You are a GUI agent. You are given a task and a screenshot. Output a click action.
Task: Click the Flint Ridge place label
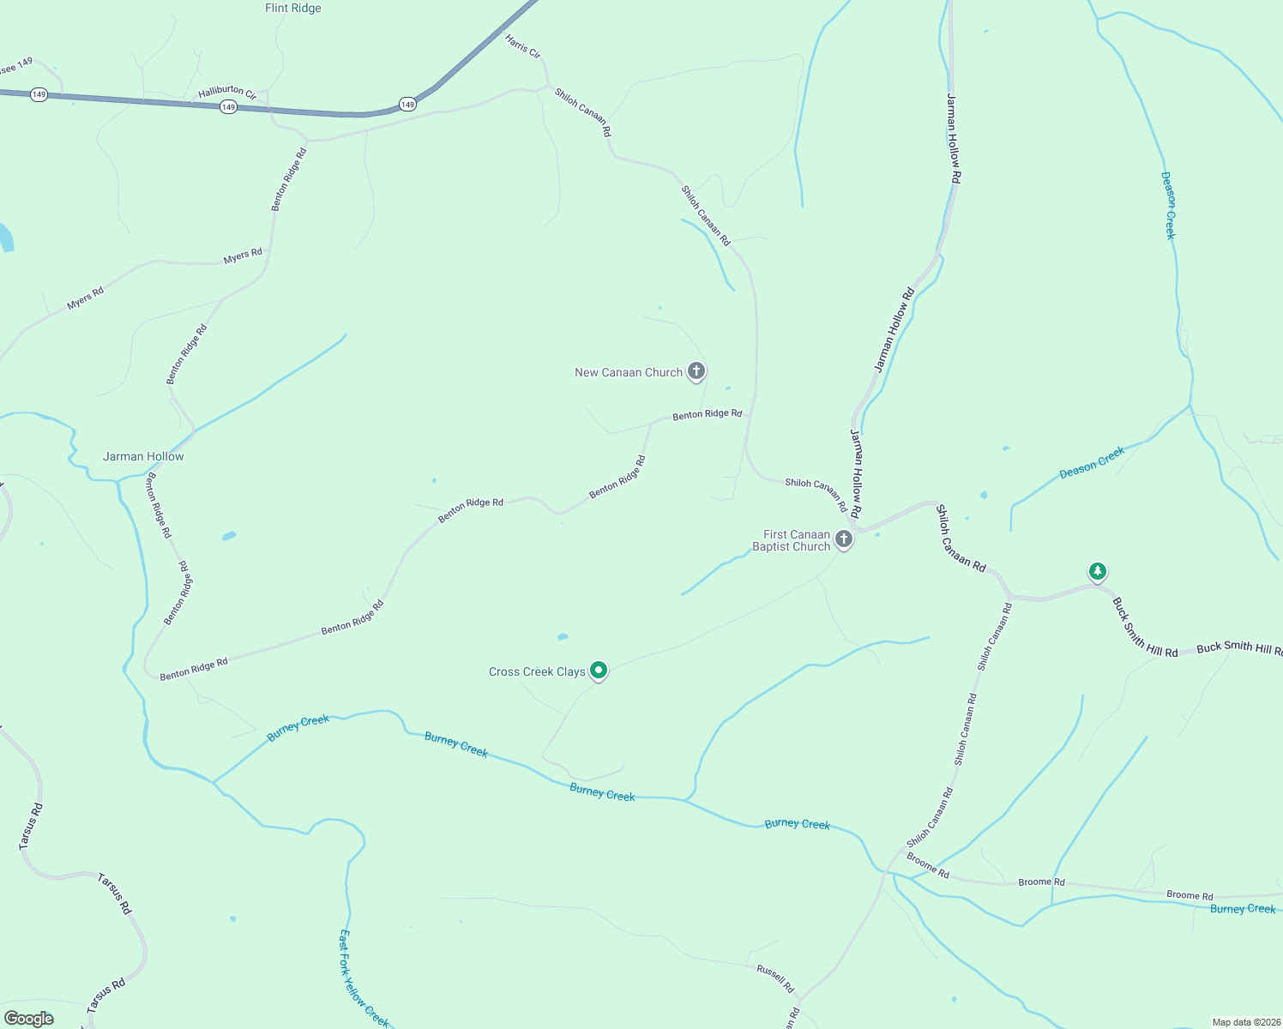pyautogui.click(x=292, y=9)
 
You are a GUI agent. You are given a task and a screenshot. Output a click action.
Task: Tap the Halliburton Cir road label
pyautogui.click(x=227, y=93)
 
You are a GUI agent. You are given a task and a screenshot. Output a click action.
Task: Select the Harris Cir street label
pyautogui.click(x=522, y=46)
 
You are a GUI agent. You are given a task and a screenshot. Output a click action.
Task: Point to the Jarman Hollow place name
pyautogui.click(x=143, y=456)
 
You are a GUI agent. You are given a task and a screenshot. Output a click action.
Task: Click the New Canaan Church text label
pyautogui.click(x=628, y=372)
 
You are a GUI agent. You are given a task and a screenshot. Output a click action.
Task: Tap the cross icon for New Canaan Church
pyautogui.click(x=696, y=371)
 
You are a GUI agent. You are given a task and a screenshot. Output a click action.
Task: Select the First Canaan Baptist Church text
pyautogui.click(x=791, y=540)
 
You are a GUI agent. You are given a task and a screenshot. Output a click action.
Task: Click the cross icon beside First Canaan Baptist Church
pyautogui.click(x=844, y=539)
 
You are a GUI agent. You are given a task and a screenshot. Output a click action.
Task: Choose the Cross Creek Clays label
pyautogui.click(x=537, y=671)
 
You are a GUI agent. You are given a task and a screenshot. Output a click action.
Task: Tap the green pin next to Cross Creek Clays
pyautogui.click(x=599, y=671)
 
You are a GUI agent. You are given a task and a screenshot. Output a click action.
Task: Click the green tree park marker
pyautogui.click(x=1097, y=571)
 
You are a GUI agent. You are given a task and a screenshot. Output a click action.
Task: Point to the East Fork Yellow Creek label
pyautogui.click(x=364, y=978)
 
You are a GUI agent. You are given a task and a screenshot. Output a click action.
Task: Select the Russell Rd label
pyautogui.click(x=775, y=978)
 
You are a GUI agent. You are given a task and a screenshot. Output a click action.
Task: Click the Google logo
pyautogui.click(x=29, y=1019)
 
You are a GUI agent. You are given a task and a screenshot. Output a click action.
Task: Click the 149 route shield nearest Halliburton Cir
pyautogui.click(x=227, y=107)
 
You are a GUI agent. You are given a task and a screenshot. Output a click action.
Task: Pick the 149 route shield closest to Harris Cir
pyautogui.click(x=407, y=105)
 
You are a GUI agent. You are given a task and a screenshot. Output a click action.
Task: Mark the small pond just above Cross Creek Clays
pyautogui.click(x=563, y=637)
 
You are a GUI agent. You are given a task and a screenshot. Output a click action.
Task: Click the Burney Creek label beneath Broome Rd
pyautogui.click(x=1242, y=909)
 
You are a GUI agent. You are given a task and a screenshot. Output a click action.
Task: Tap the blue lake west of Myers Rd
pyautogui.click(x=4, y=238)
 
